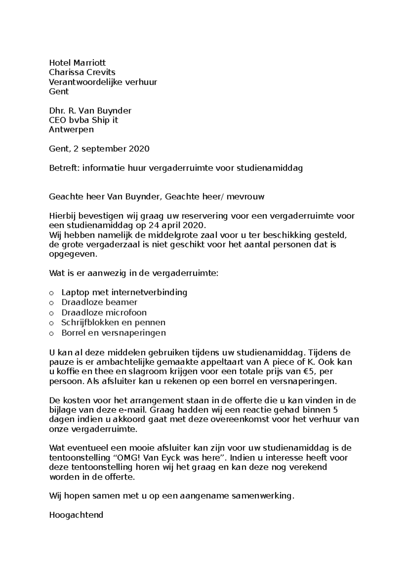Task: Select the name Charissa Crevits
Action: point(82,72)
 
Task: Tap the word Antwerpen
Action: point(71,129)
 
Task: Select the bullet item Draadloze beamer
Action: point(99,302)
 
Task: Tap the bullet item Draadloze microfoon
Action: point(104,312)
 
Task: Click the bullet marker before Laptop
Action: point(51,293)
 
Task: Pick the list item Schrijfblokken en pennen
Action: point(113,322)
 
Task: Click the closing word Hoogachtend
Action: point(76,515)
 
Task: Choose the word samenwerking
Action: point(262,496)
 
